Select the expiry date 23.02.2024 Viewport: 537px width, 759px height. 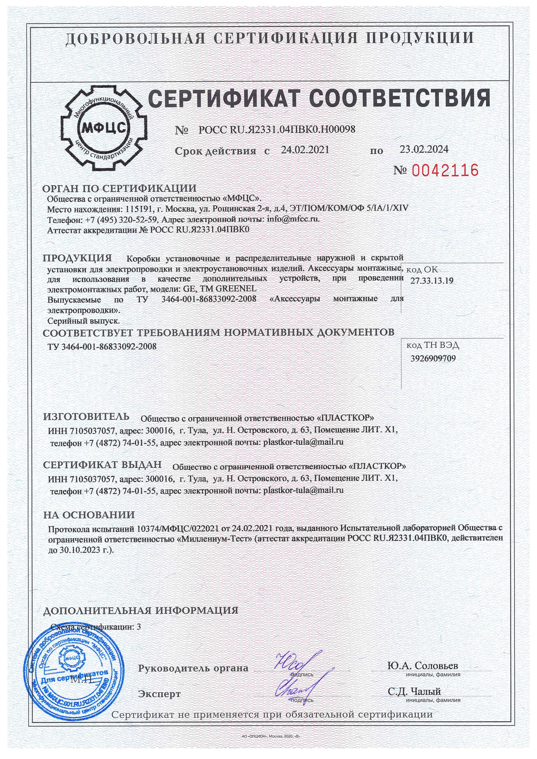[x=424, y=149]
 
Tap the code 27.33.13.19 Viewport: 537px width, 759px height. [x=432, y=281]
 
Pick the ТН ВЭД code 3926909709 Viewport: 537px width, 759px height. [x=433, y=358]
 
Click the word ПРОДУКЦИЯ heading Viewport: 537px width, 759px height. [x=77, y=258]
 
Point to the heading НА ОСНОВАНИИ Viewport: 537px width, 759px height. [x=89, y=515]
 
